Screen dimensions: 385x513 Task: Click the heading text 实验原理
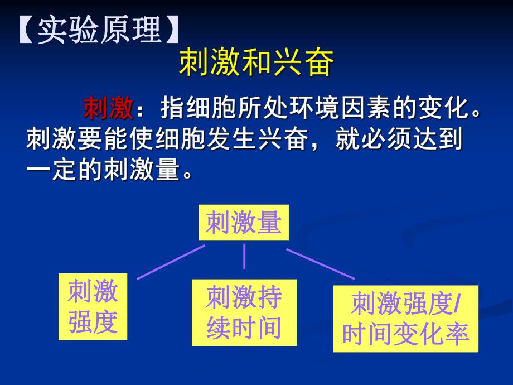point(99,31)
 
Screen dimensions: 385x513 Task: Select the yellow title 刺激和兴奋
point(256,64)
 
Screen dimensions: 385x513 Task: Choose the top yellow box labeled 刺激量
point(244,224)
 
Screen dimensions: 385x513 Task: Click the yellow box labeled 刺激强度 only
point(93,307)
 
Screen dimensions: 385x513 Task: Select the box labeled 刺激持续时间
point(244,312)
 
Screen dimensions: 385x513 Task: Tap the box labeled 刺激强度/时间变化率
point(405,319)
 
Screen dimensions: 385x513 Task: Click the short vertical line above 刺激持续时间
point(244,257)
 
